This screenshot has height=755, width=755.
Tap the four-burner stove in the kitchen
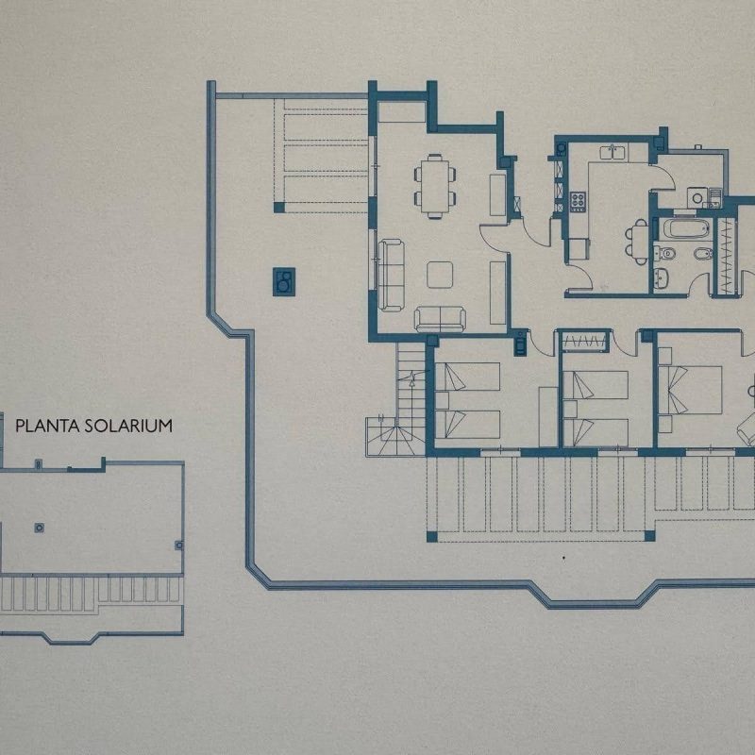pos(578,201)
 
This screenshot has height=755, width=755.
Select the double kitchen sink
pos(612,153)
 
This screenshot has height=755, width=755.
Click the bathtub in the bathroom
pos(686,228)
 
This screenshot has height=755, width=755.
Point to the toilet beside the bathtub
pos(667,253)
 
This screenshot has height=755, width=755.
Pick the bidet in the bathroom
pos(704,253)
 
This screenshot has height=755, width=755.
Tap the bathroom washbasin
pos(661,277)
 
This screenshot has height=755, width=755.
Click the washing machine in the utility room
pos(696,197)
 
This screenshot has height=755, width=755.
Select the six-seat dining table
pos(435,186)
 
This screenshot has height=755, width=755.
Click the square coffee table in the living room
pos(440,275)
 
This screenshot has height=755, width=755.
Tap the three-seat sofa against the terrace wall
pos(391,275)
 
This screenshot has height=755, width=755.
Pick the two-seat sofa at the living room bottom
pos(440,319)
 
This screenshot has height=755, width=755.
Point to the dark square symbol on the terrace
pos(284,281)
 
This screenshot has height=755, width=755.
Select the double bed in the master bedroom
pos(690,390)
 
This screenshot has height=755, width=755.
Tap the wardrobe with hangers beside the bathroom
pos(727,256)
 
